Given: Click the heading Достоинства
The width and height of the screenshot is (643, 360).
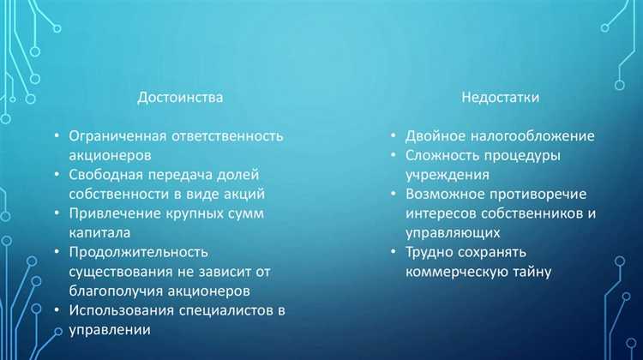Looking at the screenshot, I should (x=180, y=98).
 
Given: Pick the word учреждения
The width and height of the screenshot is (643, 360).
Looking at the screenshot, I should (x=446, y=175).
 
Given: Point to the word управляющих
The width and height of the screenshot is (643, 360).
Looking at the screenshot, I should (x=452, y=233).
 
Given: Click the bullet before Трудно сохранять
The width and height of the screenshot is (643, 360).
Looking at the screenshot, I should (x=393, y=253).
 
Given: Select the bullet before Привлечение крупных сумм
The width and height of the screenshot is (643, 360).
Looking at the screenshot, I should (x=56, y=213).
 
